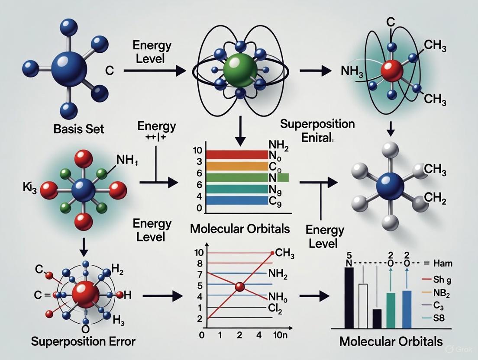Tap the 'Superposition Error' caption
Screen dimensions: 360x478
83,341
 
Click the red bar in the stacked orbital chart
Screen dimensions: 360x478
237,154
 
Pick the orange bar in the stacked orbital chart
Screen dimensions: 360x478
237,166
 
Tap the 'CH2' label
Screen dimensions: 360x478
435,199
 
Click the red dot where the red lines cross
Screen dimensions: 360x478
239,287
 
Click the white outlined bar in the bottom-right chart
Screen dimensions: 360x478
363,306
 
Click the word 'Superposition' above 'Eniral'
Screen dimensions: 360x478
317,124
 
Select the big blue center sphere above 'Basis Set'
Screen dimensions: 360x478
69,68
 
